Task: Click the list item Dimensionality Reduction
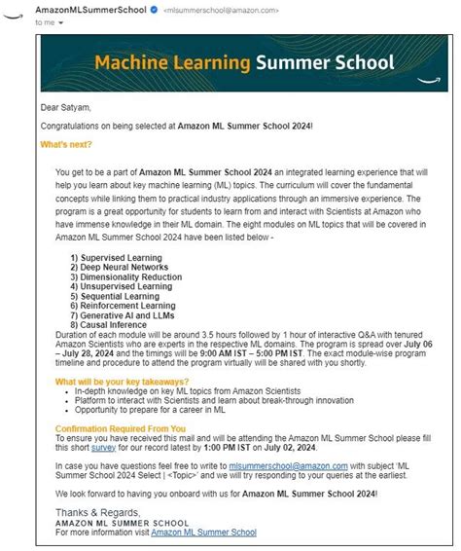pos(125,276)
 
